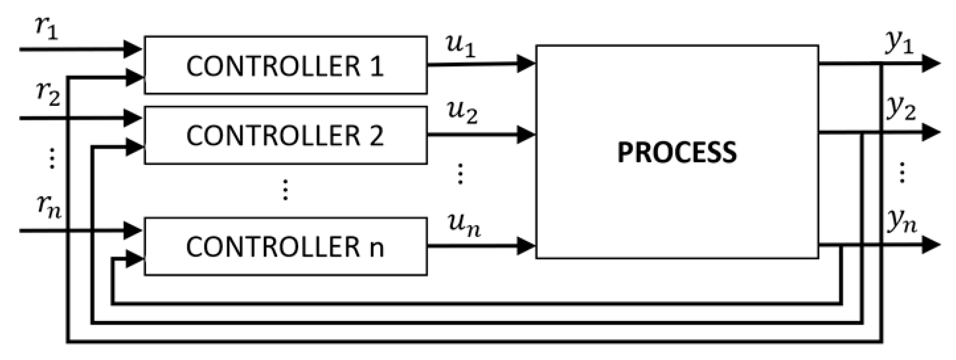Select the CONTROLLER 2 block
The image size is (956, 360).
click(x=285, y=135)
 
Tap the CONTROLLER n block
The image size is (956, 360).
click(x=285, y=247)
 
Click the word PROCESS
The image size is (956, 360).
click(x=677, y=152)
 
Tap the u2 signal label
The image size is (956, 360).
click(x=462, y=113)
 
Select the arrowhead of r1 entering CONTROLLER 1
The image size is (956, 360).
click(x=133, y=49)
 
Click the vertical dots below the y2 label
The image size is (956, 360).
click(x=902, y=173)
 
